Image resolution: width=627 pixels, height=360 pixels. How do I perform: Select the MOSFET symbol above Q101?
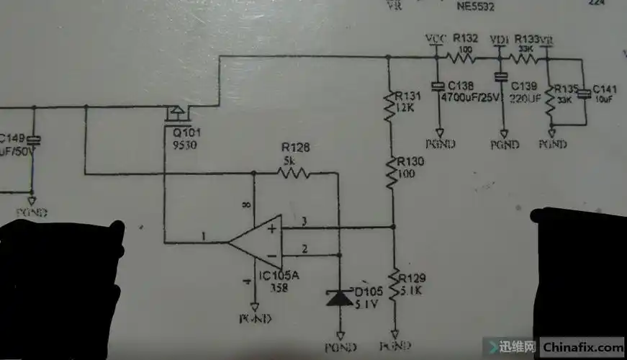pos(175,113)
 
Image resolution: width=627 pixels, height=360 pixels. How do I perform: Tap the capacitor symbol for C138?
pos(437,86)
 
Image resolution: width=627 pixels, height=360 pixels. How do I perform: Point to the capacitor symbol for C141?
pos(585,92)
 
